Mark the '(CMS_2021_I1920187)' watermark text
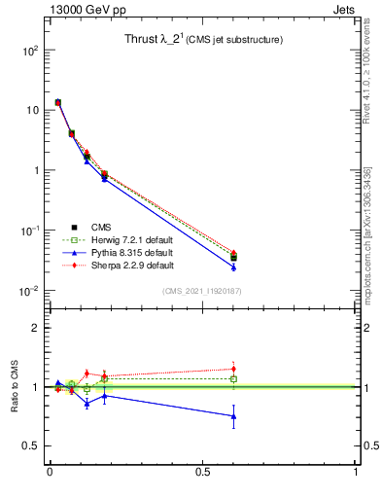pos(202,290)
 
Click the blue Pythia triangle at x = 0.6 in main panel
pos(233,267)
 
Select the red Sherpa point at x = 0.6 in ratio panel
pos(233,369)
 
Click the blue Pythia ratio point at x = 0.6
pos(233,416)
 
